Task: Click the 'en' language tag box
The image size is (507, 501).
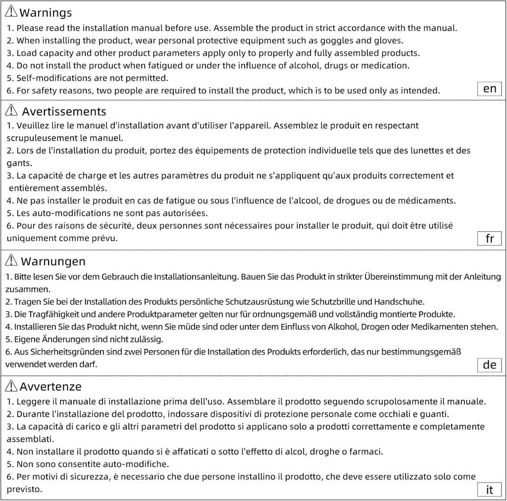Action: pos(489,89)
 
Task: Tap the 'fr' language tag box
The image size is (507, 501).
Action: pos(489,238)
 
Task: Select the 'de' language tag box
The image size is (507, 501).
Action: pos(489,365)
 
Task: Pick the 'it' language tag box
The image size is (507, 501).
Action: pos(489,490)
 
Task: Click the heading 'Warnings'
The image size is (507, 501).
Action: pos(46,13)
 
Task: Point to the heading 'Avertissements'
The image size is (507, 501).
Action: pos(64,111)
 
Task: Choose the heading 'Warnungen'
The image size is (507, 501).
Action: pos(53,261)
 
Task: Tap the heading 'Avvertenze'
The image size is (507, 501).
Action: pos(51,386)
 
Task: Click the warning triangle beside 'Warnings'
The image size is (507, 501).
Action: pos(11,12)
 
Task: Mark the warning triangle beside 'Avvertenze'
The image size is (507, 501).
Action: pos(11,386)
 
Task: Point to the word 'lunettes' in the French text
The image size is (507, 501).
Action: pos(410,150)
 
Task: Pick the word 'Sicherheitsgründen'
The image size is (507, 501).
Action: pos(58,352)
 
